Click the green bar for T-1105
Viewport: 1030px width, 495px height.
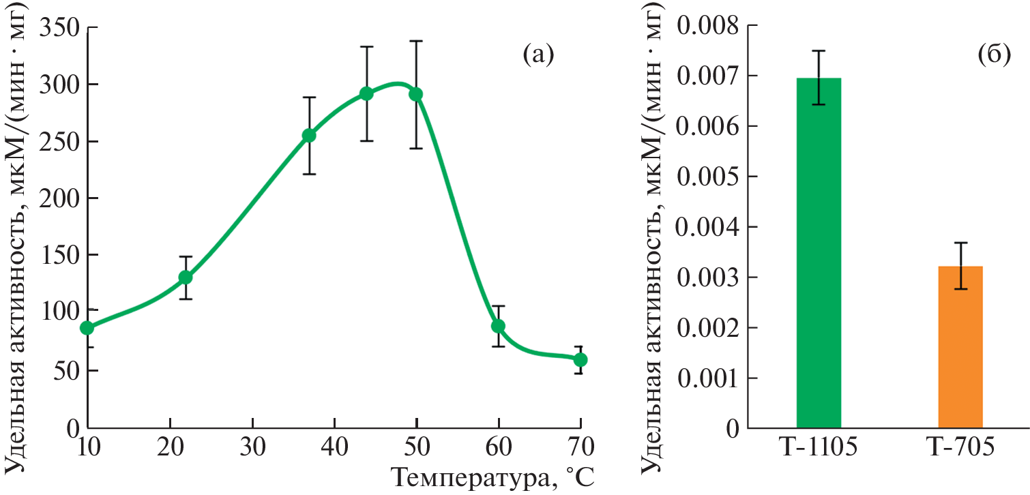tap(818, 253)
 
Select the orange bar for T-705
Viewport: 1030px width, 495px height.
tap(960, 347)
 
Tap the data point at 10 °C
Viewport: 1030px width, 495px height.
tap(87, 328)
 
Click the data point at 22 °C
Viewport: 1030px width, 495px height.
tap(186, 277)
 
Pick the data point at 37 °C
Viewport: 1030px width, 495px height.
tap(309, 136)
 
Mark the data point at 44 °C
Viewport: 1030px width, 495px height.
tap(366, 93)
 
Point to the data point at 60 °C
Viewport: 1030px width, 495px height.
tap(498, 326)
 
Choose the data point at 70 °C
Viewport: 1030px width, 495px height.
tap(580, 359)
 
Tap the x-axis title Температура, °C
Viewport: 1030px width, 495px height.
tap(493, 477)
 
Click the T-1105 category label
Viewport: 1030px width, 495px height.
tap(818, 451)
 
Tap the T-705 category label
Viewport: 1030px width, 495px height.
tap(960, 451)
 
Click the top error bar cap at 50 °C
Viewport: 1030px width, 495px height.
tap(416, 41)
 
